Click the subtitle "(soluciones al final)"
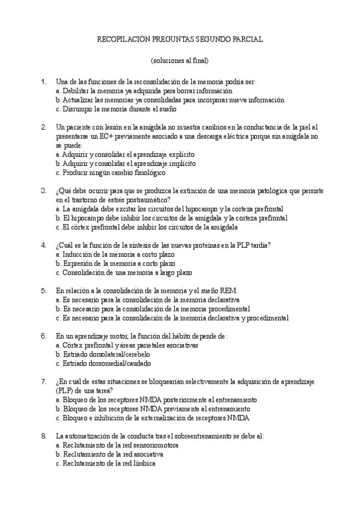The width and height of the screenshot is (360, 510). click(x=180, y=61)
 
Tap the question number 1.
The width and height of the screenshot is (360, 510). click(x=43, y=82)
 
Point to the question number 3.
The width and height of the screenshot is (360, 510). click(x=43, y=191)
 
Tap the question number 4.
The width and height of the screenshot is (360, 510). click(x=43, y=245)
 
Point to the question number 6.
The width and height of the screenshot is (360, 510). click(x=43, y=336)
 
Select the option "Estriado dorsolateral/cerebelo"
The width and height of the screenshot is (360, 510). click(x=103, y=354)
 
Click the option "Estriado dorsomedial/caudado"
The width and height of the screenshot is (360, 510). click(x=103, y=363)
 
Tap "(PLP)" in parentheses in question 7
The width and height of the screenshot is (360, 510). click(x=66, y=390)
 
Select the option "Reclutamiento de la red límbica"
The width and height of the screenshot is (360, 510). click(x=105, y=463)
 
